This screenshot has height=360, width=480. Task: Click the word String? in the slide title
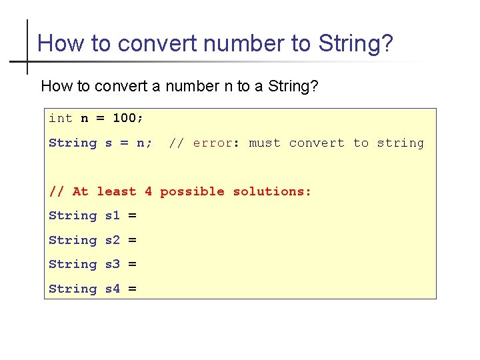[356, 44]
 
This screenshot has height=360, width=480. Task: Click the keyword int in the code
[61, 118]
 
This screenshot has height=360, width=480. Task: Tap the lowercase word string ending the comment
[400, 143]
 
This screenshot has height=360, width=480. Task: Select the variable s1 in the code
[113, 215]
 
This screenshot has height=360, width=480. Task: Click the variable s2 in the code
[113, 240]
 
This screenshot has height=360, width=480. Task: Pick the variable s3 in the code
[113, 264]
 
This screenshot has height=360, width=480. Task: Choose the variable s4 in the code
[113, 289]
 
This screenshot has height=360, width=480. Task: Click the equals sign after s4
[132, 289]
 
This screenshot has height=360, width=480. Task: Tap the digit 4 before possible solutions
[148, 191]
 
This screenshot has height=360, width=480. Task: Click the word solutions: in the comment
[272, 191]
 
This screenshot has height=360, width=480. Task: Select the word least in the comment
[116, 191]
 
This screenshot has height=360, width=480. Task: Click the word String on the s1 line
[73, 215]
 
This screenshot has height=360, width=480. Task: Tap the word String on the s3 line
[73, 264]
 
